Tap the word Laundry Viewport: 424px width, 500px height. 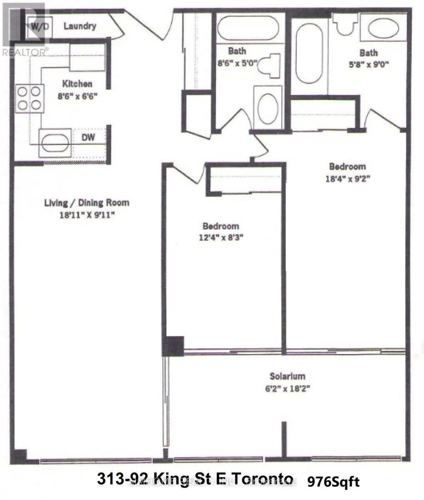(x=80, y=26)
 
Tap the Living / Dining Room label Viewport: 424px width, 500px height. (x=87, y=203)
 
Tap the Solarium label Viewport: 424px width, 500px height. (x=287, y=376)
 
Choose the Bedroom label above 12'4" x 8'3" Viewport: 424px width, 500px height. (x=221, y=226)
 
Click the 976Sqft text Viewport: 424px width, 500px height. (x=333, y=482)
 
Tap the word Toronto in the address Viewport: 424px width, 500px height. (x=266, y=479)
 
